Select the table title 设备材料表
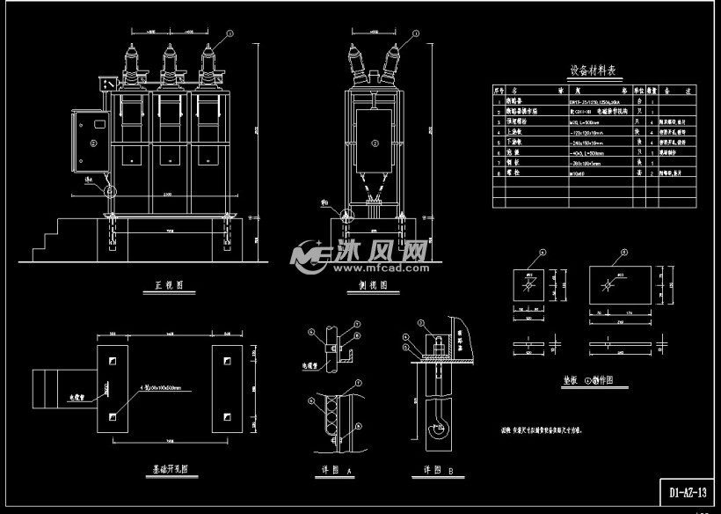pos(595,71)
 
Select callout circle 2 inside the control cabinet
pos(92,142)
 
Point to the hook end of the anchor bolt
pos(433,430)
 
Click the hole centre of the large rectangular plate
pos(608,285)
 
